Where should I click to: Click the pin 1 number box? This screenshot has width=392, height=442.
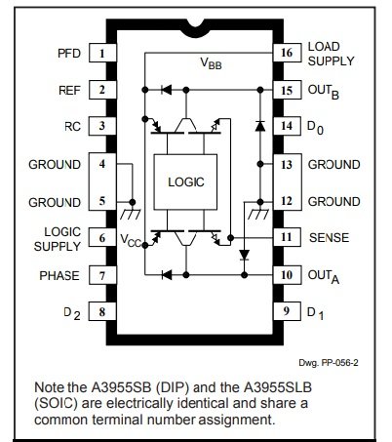(x=102, y=53)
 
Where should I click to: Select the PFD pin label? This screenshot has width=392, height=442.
(x=69, y=54)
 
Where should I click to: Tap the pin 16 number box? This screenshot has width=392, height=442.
(x=287, y=53)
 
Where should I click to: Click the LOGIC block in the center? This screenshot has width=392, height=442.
(x=185, y=182)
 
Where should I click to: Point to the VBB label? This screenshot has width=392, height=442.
(x=211, y=62)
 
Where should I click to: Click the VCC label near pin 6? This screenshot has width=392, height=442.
(x=131, y=240)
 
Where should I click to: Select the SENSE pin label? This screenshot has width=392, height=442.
(x=329, y=237)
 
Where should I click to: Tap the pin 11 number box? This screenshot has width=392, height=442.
(x=287, y=237)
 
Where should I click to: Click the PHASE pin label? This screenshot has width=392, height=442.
(x=59, y=276)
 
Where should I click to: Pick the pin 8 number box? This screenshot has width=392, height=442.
(x=102, y=311)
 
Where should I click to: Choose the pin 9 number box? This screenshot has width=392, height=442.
(x=287, y=311)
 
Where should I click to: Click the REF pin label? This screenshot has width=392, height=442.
(x=69, y=91)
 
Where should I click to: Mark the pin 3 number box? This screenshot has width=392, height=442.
(x=102, y=126)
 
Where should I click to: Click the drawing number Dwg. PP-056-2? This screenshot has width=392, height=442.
(x=329, y=363)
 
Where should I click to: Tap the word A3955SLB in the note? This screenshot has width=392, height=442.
(x=278, y=387)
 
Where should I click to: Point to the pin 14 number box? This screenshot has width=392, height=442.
(x=287, y=126)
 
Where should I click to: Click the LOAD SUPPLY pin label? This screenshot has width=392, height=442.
(x=331, y=54)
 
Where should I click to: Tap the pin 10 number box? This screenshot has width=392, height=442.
(x=287, y=275)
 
